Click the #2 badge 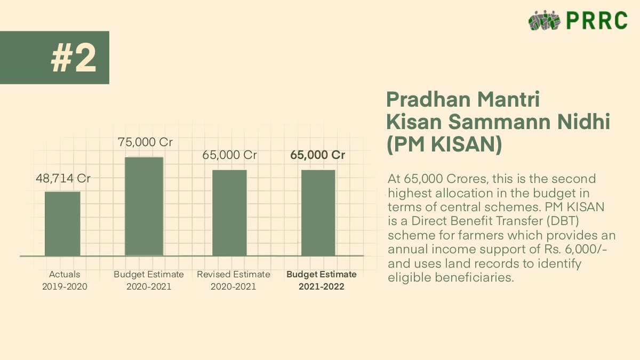point(74,58)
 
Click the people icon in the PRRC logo point(544,21)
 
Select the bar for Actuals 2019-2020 point(62,223)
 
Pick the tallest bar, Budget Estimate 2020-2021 point(144,206)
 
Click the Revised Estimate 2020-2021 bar point(229,213)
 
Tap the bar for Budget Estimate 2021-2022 point(318,213)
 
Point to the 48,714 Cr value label point(63,179)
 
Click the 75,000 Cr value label point(145,142)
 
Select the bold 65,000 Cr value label point(317,155)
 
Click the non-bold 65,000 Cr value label point(229,155)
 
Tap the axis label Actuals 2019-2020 point(65,281)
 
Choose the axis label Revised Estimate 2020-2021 point(234,281)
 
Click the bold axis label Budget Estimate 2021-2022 point(322,281)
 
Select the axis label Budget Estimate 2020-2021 point(149,281)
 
